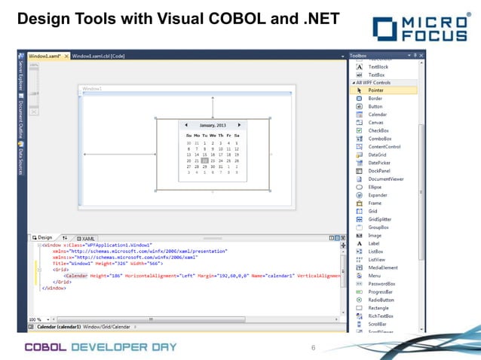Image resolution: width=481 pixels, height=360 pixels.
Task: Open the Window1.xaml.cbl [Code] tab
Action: pyautogui.click(x=98, y=56)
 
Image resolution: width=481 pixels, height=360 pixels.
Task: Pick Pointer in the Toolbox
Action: pyautogui.click(x=375, y=90)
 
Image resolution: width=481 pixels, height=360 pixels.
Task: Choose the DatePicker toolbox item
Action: pyautogui.click(x=378, y=163)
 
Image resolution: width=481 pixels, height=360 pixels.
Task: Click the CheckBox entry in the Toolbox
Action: pyautogui.click(x=378, y=130)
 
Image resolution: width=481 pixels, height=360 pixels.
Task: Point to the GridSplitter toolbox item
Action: pyautogui.click(x=380, y=219)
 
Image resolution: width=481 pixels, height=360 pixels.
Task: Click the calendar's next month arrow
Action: pyautogui.click(x=239, y=124)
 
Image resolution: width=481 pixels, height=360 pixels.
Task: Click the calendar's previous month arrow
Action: pyautogui.click(x=184, y=124)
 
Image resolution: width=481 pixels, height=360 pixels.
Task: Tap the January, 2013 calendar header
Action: pyautogui.click(x=212, y=125)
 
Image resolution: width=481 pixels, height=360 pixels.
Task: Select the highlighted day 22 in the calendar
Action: pyautogui.click(x=204, y=160)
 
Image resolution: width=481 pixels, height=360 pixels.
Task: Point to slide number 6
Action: pyautogui.click(x=313, y=347)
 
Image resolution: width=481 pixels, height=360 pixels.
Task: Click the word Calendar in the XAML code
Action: pyautogui.click(x=76, y=276)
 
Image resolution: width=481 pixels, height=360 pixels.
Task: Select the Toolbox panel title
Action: pyautogui.click(x=358, y=56)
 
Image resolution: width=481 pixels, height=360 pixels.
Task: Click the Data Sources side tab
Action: pyautogui.click(x=21, y=158)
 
